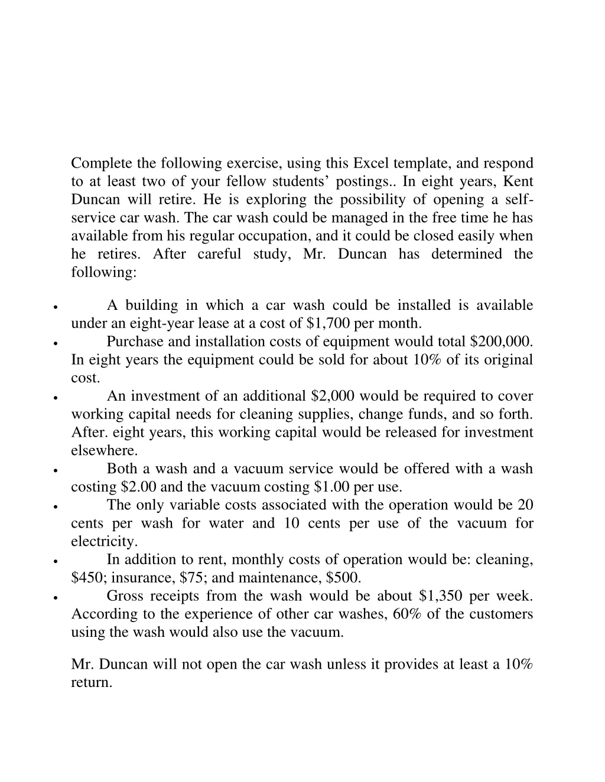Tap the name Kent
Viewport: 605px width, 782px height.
[x=518, y=181]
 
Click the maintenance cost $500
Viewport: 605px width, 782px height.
[x=341, y=577]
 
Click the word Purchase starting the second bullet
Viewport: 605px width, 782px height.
[x=135, y=342]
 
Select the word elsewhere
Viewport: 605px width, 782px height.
[x=104, y=450]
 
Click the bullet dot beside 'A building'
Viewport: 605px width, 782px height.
[x=55, y=307]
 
